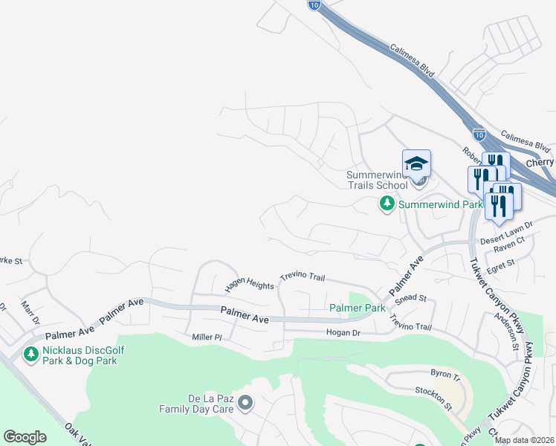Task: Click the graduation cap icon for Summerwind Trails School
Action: [416, 163]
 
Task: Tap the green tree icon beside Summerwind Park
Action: [387, 203]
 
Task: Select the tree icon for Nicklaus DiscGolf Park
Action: [31, 355]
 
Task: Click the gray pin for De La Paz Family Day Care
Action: [246, 404]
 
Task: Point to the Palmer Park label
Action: [358, 307]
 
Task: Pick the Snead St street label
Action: [411, 298]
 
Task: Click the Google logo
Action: [25, 437]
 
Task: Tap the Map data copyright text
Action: [524, 440]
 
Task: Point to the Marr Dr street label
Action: [30, 313]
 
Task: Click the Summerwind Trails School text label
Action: [377, 180]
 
